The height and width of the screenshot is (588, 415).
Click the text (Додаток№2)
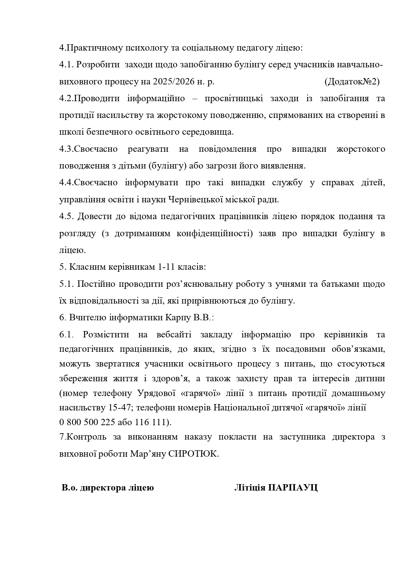click(352, 82)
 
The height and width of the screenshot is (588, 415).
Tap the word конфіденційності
click(215, 234)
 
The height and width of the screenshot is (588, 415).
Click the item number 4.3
click(66, 149)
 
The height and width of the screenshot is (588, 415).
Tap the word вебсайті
click(174, 335)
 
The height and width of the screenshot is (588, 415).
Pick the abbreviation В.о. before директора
click(69, 487)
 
